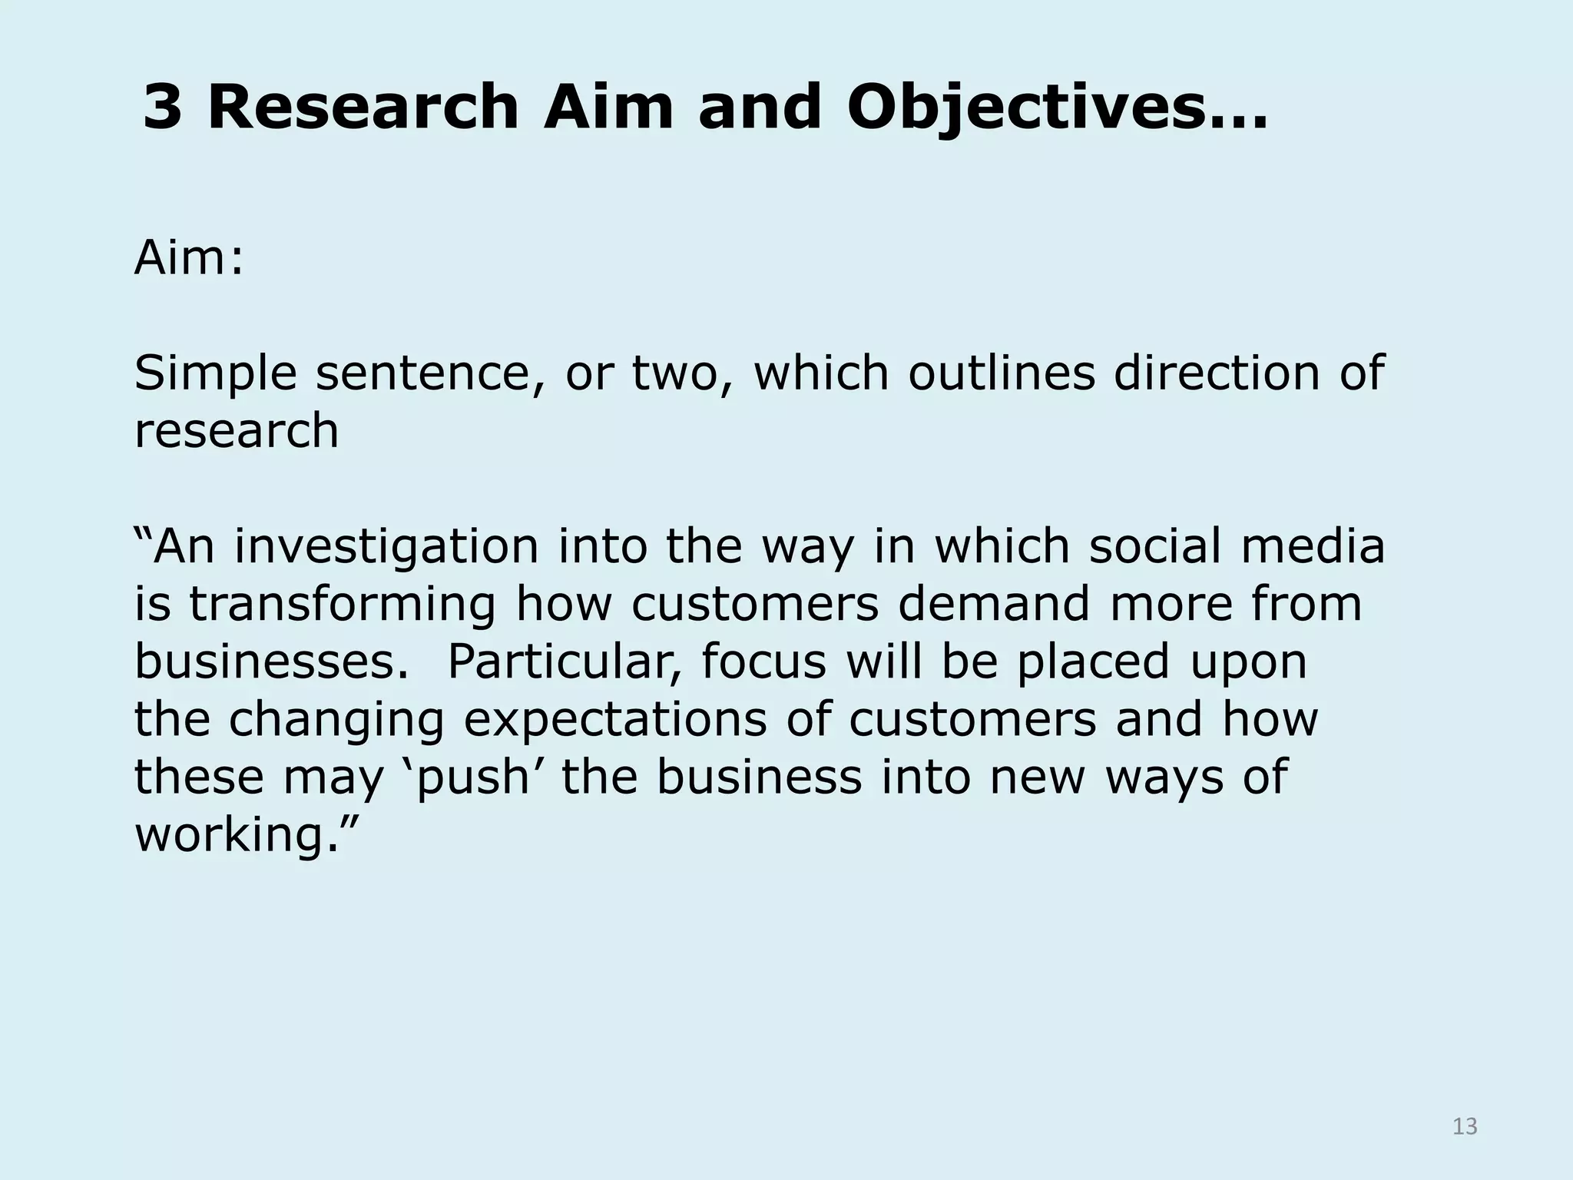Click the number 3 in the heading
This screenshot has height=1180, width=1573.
tap(163, 108)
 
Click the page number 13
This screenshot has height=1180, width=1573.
tap(1465, 1126)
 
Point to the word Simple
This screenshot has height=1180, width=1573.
tap(215, 374)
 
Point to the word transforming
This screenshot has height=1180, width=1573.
tap(343, 605)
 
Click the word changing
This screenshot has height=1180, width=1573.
tap(336, 720)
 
